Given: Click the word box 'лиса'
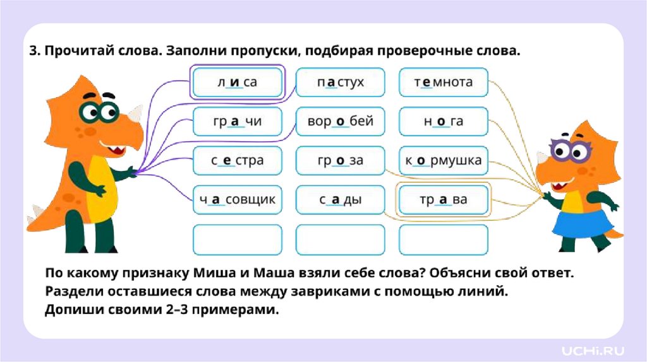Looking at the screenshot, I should tap(237, 83).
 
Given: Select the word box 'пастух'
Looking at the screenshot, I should tap(341, 83).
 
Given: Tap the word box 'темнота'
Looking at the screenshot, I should tap(444, 83).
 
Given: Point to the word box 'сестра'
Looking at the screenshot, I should tap(237, 161).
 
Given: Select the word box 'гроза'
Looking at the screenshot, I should tap(341, 161).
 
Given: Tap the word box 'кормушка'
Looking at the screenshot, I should tap(444, 161).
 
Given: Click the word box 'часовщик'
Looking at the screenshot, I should tap(237, 200).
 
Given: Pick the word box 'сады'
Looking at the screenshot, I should tap(341, 200).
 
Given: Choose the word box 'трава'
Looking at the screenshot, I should tap(444, 200).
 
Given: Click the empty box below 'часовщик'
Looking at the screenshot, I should tap(237, 240).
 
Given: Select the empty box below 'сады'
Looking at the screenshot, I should tap(341, 240).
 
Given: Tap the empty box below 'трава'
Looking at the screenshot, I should tap(444, 240).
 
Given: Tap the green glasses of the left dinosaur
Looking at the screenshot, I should tap(99, 112).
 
